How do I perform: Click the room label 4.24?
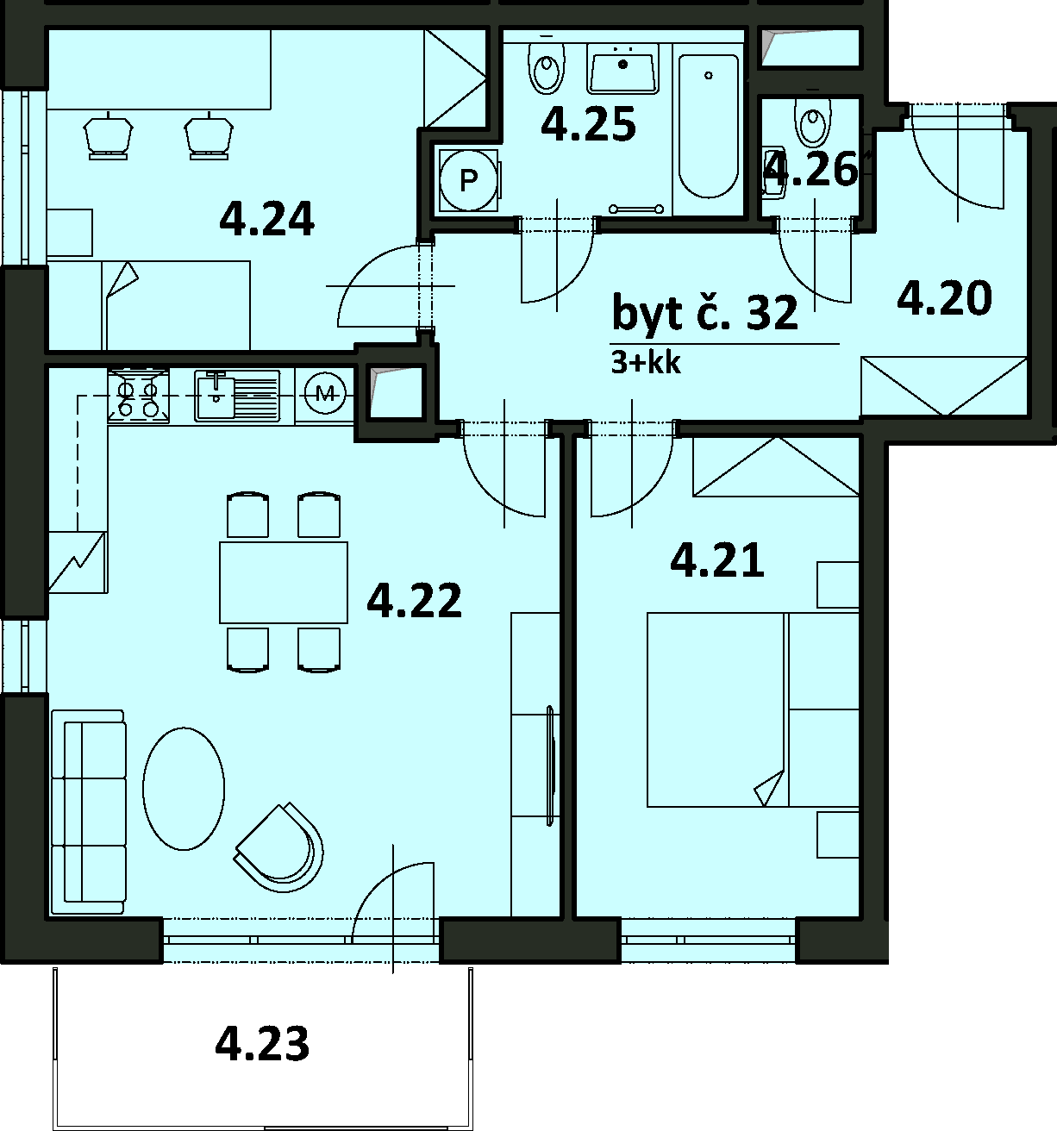pos(266,219)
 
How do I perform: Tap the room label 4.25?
pos(588,125)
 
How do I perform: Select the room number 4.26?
pos(810,170)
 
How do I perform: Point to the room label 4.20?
pos(944,298)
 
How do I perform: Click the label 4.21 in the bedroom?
pos(716,561)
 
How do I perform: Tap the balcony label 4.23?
pos(262,1043)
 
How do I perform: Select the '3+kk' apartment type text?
pos(646,363)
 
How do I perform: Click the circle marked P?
pos(468,181)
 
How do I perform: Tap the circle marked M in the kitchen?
pos(325,392)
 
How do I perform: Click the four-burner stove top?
pos(139,395)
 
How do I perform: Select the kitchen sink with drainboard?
pos(237,395)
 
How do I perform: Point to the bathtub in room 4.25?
pos(709,126)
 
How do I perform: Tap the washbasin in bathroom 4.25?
pos(622,73)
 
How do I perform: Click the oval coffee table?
pos(184,789)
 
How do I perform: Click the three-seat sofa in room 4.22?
pos(88,811)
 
